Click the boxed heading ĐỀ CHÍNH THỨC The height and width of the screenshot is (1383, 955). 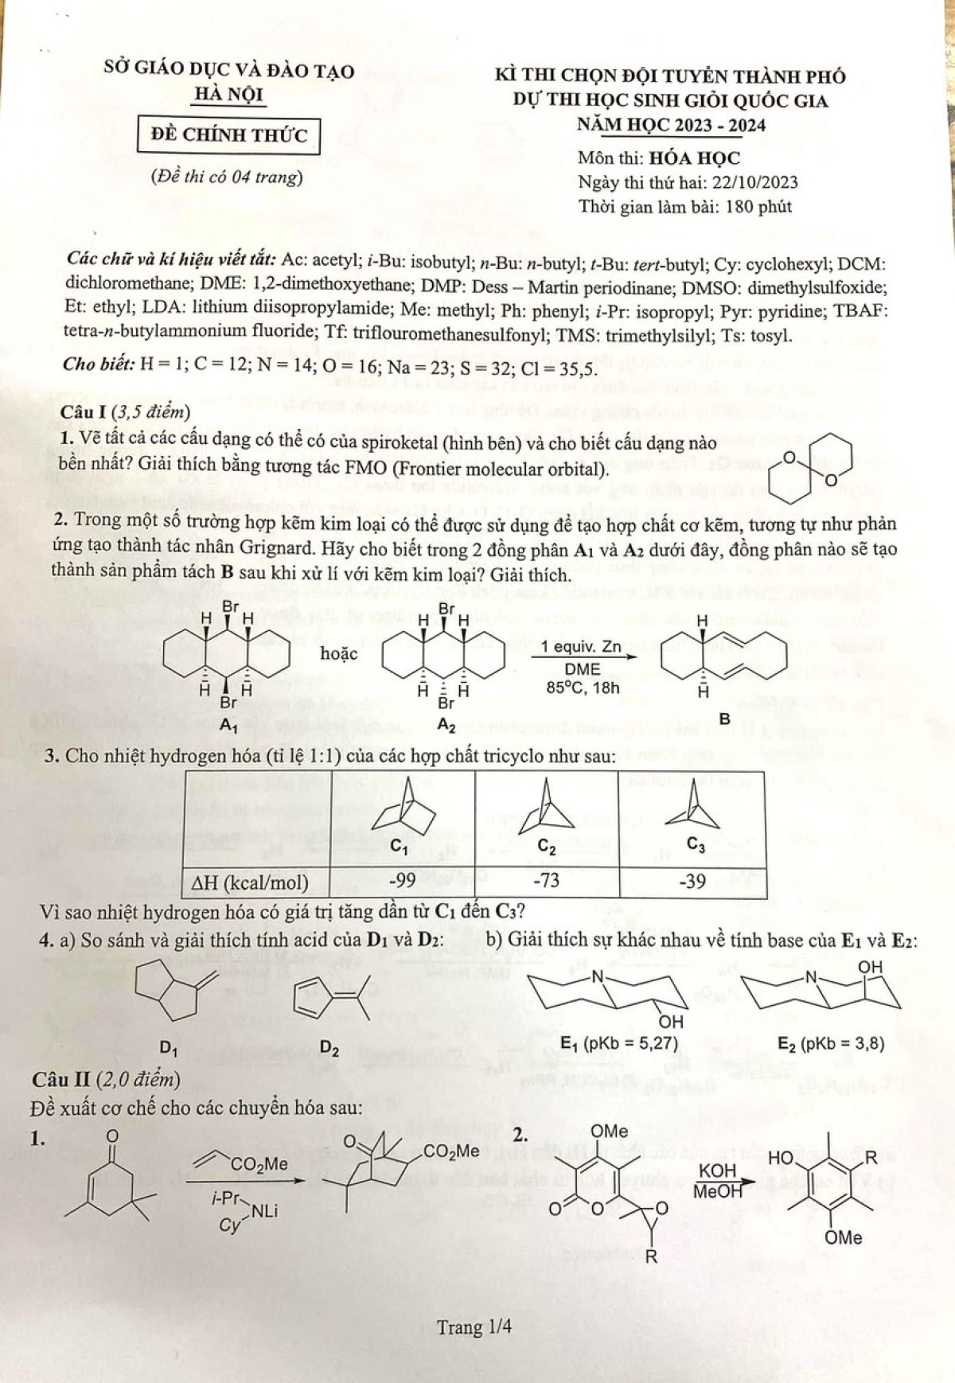click(223, 135)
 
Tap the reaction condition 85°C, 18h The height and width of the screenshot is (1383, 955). click(583, 688)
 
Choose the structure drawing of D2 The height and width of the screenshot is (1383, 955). click(327, 999)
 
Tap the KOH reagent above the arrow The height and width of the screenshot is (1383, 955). click(719, 1171)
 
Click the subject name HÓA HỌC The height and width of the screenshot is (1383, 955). click(695, 158)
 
